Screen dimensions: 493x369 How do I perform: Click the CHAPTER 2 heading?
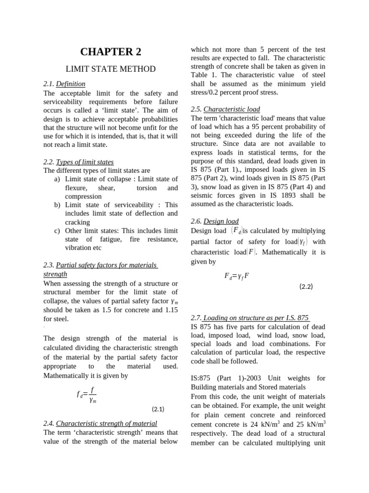[x=111, y=52]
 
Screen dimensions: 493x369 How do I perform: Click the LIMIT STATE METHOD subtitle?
[x=111, y=69]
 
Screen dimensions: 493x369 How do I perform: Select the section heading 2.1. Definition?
[x=64, y=84]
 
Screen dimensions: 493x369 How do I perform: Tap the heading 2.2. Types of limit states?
[x=78, y=162]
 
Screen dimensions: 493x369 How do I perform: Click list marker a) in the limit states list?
[x=57, y=179]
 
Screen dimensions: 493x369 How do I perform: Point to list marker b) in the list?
[x=57, y=205]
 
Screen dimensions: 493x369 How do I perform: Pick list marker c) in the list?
[x=57, y=231]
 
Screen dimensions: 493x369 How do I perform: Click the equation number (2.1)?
[x=158, y=409]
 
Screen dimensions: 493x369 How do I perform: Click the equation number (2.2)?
[x=306, y=286]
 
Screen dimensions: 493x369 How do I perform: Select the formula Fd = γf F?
[x=236, y=276]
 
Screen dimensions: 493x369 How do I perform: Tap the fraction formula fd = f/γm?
[x=87, y=394]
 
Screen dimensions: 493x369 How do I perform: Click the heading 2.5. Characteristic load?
[x=218, y=109]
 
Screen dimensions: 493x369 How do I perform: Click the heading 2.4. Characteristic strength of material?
[x=100, y=423]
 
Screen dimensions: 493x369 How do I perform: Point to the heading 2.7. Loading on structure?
[x=250, y=318]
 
